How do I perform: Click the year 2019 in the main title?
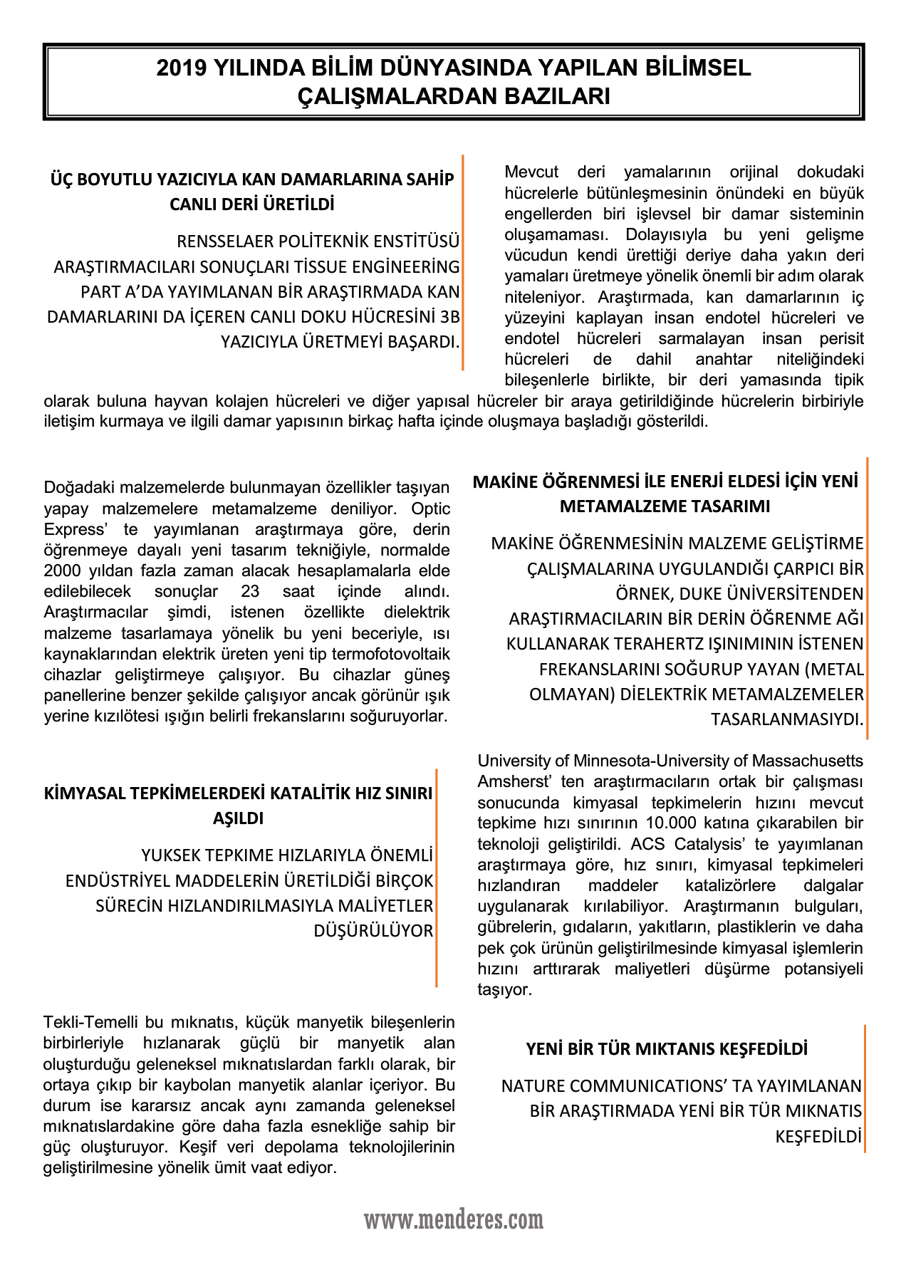(182, 68)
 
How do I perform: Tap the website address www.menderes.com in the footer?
(454, 1220)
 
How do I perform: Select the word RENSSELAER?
(224, 241)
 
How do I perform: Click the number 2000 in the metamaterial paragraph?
(63, 571)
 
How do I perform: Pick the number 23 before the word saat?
(250, 592)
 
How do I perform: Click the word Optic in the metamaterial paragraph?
(431, 509)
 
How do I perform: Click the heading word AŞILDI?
(238, 818)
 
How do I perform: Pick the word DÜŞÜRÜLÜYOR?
(373, 931)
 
